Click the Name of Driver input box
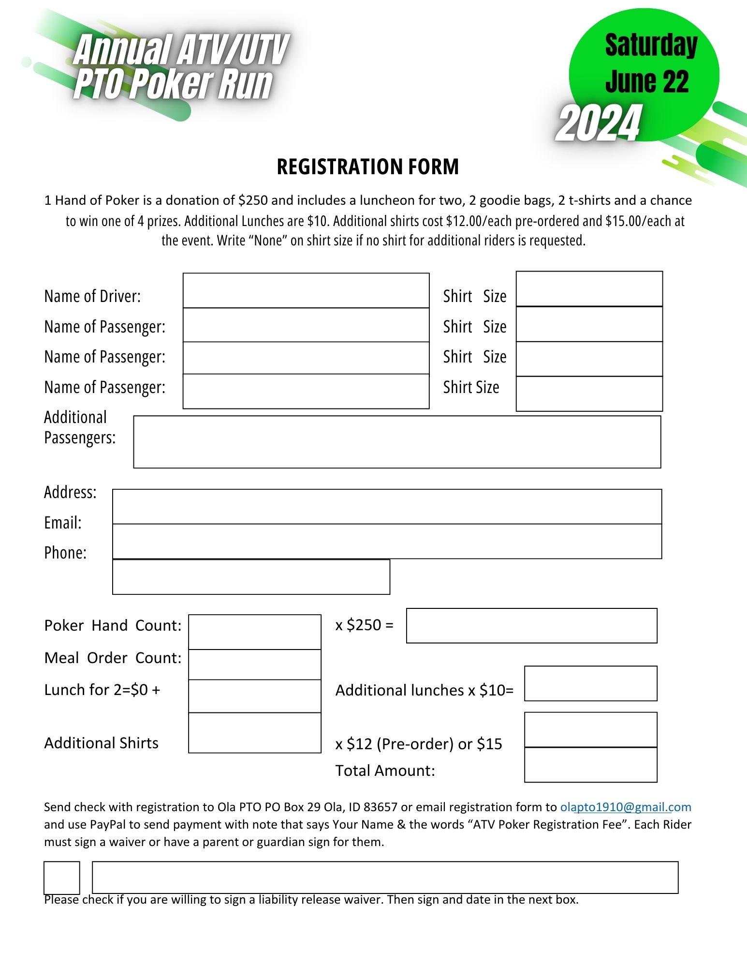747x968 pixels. click(306, 290)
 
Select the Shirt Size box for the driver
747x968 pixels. click(589, 289)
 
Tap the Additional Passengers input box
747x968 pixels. click(396, 442)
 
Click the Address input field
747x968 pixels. click(387, 506)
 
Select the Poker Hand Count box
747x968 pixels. click(254, 632)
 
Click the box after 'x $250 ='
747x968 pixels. click(531, 625)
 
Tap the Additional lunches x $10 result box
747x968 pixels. click(590, 683)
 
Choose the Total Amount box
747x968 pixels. click(590, 765)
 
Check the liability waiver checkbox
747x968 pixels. click(62, 877)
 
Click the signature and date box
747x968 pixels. click(385, 877)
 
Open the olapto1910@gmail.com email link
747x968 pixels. click(626, 807)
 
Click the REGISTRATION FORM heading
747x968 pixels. click(367, 166)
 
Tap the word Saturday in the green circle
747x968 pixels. click(651, 45)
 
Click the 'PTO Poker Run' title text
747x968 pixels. click(173, 84)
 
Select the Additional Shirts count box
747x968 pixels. click(254, 733)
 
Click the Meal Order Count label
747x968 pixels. click(113, 658)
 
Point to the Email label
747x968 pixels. click(63, 523)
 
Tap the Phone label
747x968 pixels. click(65, 553)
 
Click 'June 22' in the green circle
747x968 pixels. click(647, 81)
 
